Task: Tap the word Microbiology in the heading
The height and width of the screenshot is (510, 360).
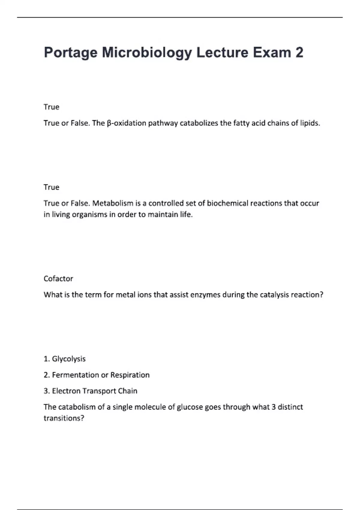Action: [x=147, y=53]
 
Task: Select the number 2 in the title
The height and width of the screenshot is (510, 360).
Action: [x=299, y=52]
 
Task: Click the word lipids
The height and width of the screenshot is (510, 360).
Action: [x=310, y=123]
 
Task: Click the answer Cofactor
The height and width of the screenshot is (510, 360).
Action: [x=58, y=279]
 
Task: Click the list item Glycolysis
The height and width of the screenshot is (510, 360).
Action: [x=69, y=359]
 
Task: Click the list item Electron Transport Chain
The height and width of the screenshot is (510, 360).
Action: [x=94, y=391]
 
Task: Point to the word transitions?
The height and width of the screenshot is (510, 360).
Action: [x=64, y=418]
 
